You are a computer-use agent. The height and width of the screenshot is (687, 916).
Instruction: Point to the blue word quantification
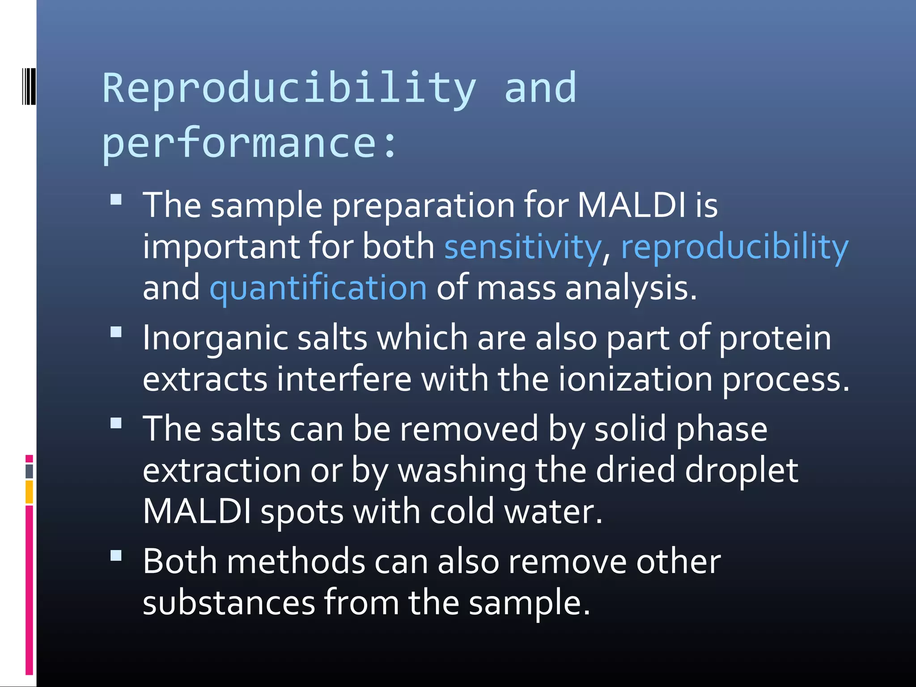tap(318, 288)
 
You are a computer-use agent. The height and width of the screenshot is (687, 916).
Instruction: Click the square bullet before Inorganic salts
tap(116, 332)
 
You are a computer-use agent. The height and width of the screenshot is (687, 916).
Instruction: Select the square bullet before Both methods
tap(116, 556)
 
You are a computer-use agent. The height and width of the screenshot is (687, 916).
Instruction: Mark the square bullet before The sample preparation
tap(116, 199)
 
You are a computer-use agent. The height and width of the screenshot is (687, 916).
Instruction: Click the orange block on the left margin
tap(29, 492)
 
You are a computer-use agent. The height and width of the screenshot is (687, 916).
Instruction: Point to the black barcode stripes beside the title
tap(29, 86)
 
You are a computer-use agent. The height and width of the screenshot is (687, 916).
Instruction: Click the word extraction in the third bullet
tap(221, 471)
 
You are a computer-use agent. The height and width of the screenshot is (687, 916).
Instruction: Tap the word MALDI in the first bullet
tap(631, 206)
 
